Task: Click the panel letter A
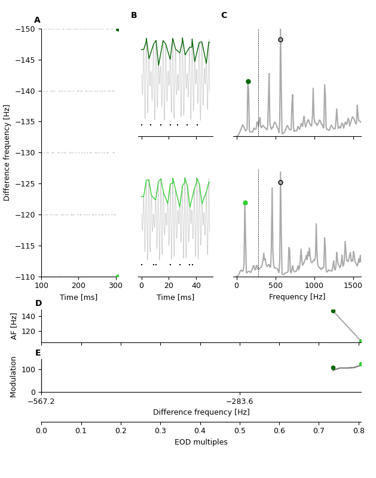pyautogui.click(x=37, y=20)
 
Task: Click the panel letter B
pyautogui.click(x=134, y=16)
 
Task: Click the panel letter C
pyautogui.click(x=224, y=16)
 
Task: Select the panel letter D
pyautogui.click(x=38, y=304)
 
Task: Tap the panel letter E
pyautogui.click(x=38, y=353)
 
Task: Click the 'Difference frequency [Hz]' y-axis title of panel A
pyautogui.click(x=7, y=152)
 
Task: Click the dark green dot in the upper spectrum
pyautogui.click(x=248, y=81)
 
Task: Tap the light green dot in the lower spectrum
pyautogui.click(x=245, y=203)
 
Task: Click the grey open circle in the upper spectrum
pyautogui.click(x=280, y=39)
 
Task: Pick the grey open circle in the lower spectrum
pyautogui.click(x=280, y=182)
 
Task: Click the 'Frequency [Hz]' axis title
pyautogui.click(x=297, y=297)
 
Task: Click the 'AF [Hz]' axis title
pyautogui.click(x=15, y=326)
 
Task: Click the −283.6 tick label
pyautogui.click(x=239, y=402)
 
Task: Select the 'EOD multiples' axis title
pyautogui.click(x=201, y=442)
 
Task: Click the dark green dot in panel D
pyautogui.click(x=333, y=311)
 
